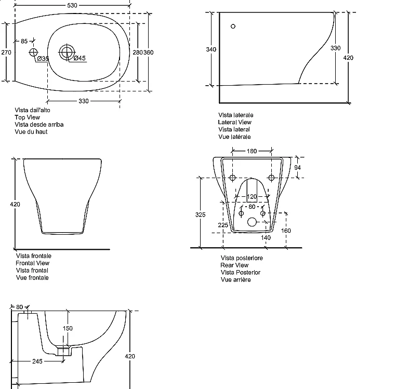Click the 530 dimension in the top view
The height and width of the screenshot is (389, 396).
72,5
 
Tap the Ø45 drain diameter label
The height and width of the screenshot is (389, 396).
80,58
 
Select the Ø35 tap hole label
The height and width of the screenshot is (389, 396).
43,59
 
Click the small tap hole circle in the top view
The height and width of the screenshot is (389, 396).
33,52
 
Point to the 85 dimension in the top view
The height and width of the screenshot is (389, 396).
24,41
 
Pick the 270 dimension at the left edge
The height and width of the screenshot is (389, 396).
6,52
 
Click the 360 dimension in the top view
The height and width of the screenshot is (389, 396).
149,52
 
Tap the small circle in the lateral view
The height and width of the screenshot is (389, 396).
233,26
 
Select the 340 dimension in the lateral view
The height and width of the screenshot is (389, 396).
211,49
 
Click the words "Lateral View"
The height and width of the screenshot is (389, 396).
234,122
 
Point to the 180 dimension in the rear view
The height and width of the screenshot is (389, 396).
252,151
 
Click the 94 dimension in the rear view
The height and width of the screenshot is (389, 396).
297,167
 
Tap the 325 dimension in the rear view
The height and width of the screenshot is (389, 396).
200,214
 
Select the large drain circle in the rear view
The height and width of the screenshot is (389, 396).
252,222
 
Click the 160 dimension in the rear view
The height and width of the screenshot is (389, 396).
286,231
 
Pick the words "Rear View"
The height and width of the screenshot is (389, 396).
234,265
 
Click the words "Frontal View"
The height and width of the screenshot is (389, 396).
32,263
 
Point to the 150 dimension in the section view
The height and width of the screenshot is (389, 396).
68,328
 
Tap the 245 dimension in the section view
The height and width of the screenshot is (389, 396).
37,361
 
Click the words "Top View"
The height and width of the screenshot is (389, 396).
27,117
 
